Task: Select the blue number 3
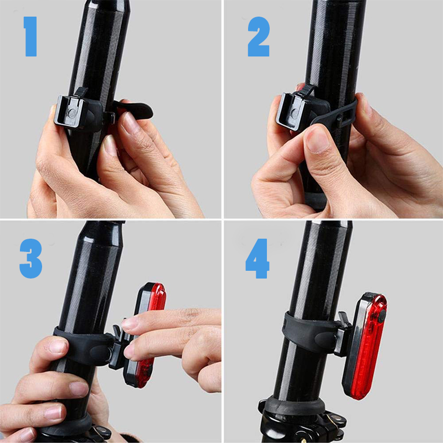(30, 258)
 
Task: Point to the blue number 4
(257, 258)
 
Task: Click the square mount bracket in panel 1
(70, 111)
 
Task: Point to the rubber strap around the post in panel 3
(83, 346)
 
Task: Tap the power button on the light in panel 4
(382, 316)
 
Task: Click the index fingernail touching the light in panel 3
(130, 323)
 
